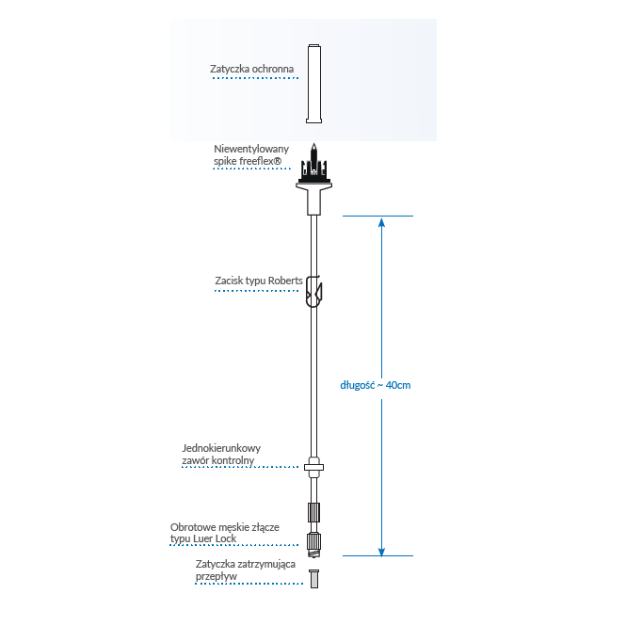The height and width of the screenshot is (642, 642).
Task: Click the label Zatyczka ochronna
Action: (x=251, y=69)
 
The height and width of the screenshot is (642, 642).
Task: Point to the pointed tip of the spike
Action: (x=313, y=145)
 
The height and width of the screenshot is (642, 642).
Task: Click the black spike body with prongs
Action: (x=313, y=171)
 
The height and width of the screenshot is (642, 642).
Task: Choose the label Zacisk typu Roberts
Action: (x=259, y=281)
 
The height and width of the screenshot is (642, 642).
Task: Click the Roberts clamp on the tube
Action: (x=314, y=291)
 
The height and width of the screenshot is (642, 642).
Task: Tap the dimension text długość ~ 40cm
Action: (x=376, y=385)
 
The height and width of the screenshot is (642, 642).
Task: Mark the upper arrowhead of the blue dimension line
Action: (x=381, y=223)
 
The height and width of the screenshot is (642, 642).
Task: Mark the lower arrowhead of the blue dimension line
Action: (x=381, y=550)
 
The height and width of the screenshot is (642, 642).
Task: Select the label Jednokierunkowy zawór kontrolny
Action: (x=221, y=454)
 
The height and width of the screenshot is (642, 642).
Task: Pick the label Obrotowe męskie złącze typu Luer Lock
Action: (x=224, y=533)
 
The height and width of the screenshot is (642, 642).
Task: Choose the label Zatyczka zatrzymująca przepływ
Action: (x=245, y=569)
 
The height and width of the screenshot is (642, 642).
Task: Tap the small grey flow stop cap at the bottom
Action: (x=314, y=577)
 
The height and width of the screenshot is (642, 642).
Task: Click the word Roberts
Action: (x=285, y=281)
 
